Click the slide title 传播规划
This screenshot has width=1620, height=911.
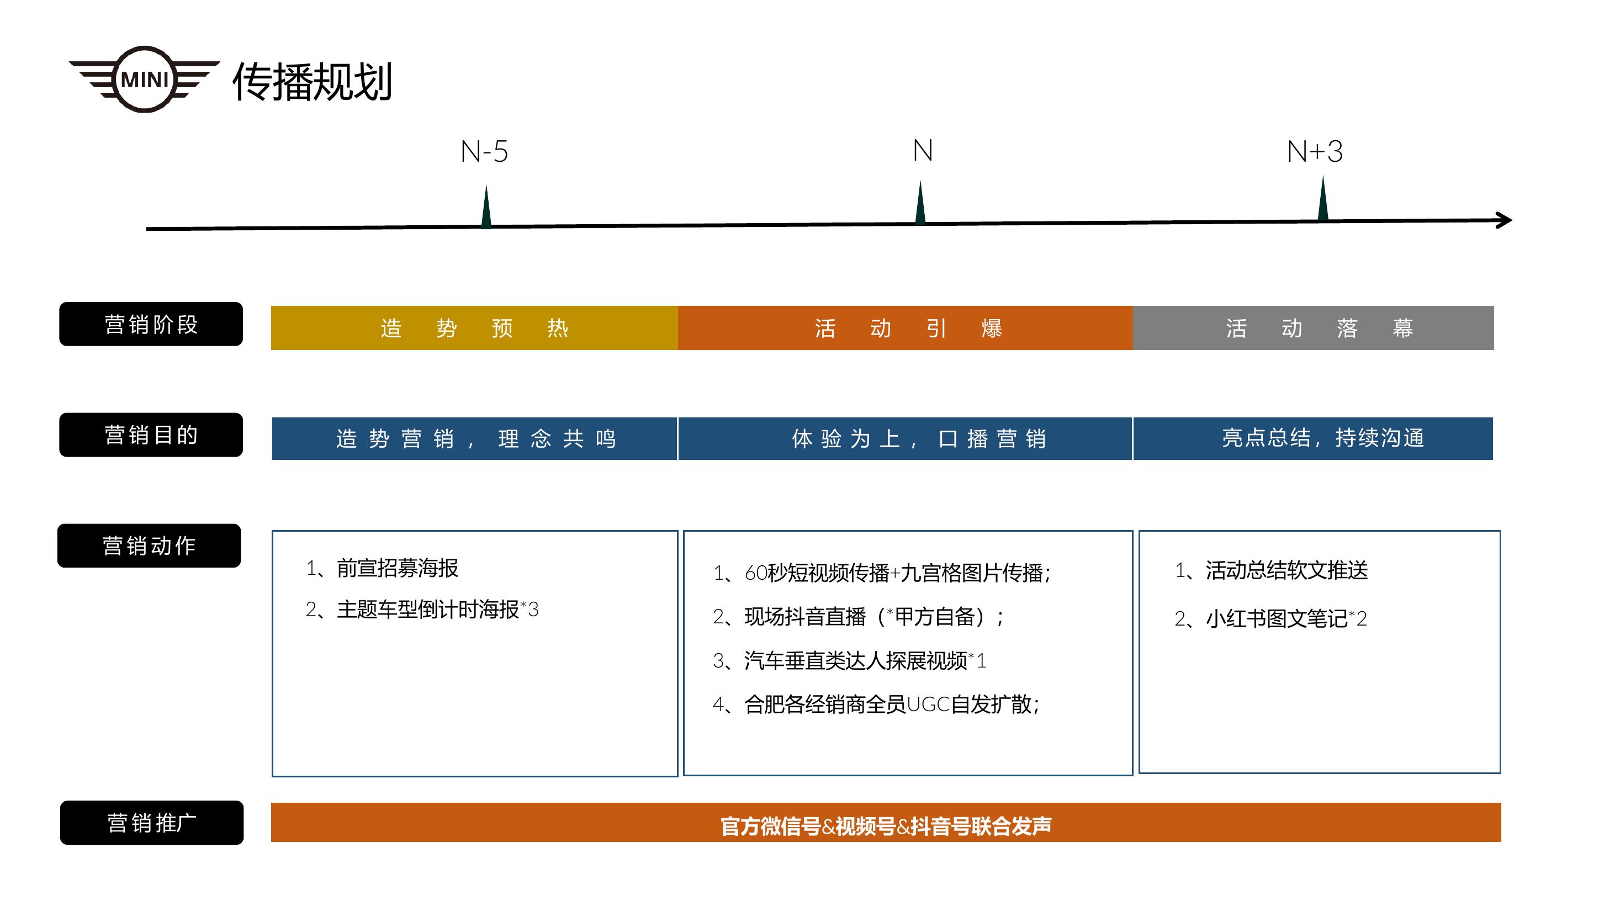pyautogui.click(x=313, y=82)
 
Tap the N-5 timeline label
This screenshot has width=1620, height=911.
pyautogui.click(x=484, y=151)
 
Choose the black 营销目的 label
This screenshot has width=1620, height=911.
pyautogui.click(x=151, y=435)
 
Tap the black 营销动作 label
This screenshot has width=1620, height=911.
pyautogui.click(x=149, y=545)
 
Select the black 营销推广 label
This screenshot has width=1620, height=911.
pyautogui.click(x=151, y=822)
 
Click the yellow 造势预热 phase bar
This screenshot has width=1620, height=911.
pyautogui.click(x=474, y=327)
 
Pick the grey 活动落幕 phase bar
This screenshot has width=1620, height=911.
pyautogui.click(x=1313, y=327)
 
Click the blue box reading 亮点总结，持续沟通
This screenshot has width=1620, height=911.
pyautogui.click(x=1313, y=438)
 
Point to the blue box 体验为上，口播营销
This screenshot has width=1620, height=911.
pyautogui.click(x=905, y=438)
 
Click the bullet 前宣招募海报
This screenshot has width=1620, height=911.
pyautogui.click(x=382, y=568)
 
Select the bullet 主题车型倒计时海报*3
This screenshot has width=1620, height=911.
pyautogui.click(x=422, y=609)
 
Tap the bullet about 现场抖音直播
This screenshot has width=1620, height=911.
pyautogui.click(x=858, y=617)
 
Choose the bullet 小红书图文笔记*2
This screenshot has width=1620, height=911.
pyautogui.click(x=1270, y=618)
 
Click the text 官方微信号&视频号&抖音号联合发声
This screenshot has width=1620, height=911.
pyautogui.click(x=886, y=825)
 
